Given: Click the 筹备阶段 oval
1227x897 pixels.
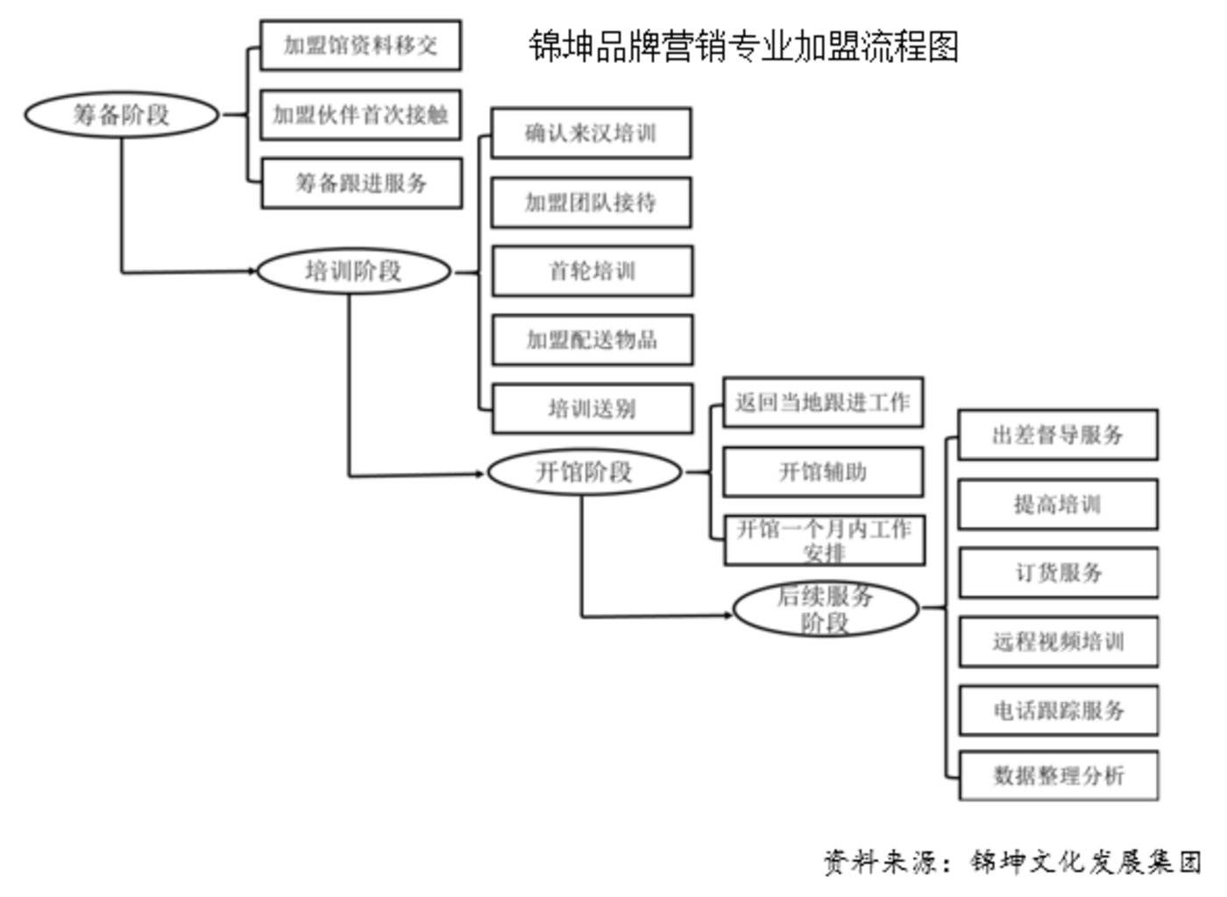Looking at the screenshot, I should [121, 114].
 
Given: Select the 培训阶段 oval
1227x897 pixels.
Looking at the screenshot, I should [353, 271].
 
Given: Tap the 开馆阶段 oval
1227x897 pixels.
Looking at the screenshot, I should [584, 472].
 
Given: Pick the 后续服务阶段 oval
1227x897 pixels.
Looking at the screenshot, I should [825, 609].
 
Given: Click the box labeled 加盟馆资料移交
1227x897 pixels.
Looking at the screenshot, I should [360, 46].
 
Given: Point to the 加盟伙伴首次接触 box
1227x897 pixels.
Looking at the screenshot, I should [360, 114].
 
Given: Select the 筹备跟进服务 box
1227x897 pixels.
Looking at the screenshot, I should [361, 182].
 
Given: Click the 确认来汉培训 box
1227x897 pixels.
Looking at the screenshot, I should [591, 133].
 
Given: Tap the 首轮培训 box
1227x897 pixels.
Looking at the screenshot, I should [592, 271].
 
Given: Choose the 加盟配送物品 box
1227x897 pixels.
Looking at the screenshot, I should [592, 339].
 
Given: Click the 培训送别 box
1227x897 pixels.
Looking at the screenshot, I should [592, 409].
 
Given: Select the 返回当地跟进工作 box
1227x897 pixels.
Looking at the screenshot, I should [822, 402].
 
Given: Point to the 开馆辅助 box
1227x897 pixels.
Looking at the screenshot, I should [822, 472].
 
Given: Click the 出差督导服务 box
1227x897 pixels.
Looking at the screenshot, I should [1058, 434].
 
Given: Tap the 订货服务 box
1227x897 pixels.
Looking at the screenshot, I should [1059, 573].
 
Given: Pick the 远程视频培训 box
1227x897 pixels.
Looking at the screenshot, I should [1059, 642].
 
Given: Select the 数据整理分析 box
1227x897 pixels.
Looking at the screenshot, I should [1059, 775].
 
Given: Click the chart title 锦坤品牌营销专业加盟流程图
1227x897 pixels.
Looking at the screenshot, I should [743, 46].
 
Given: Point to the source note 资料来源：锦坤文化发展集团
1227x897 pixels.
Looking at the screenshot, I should [1012, 861].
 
